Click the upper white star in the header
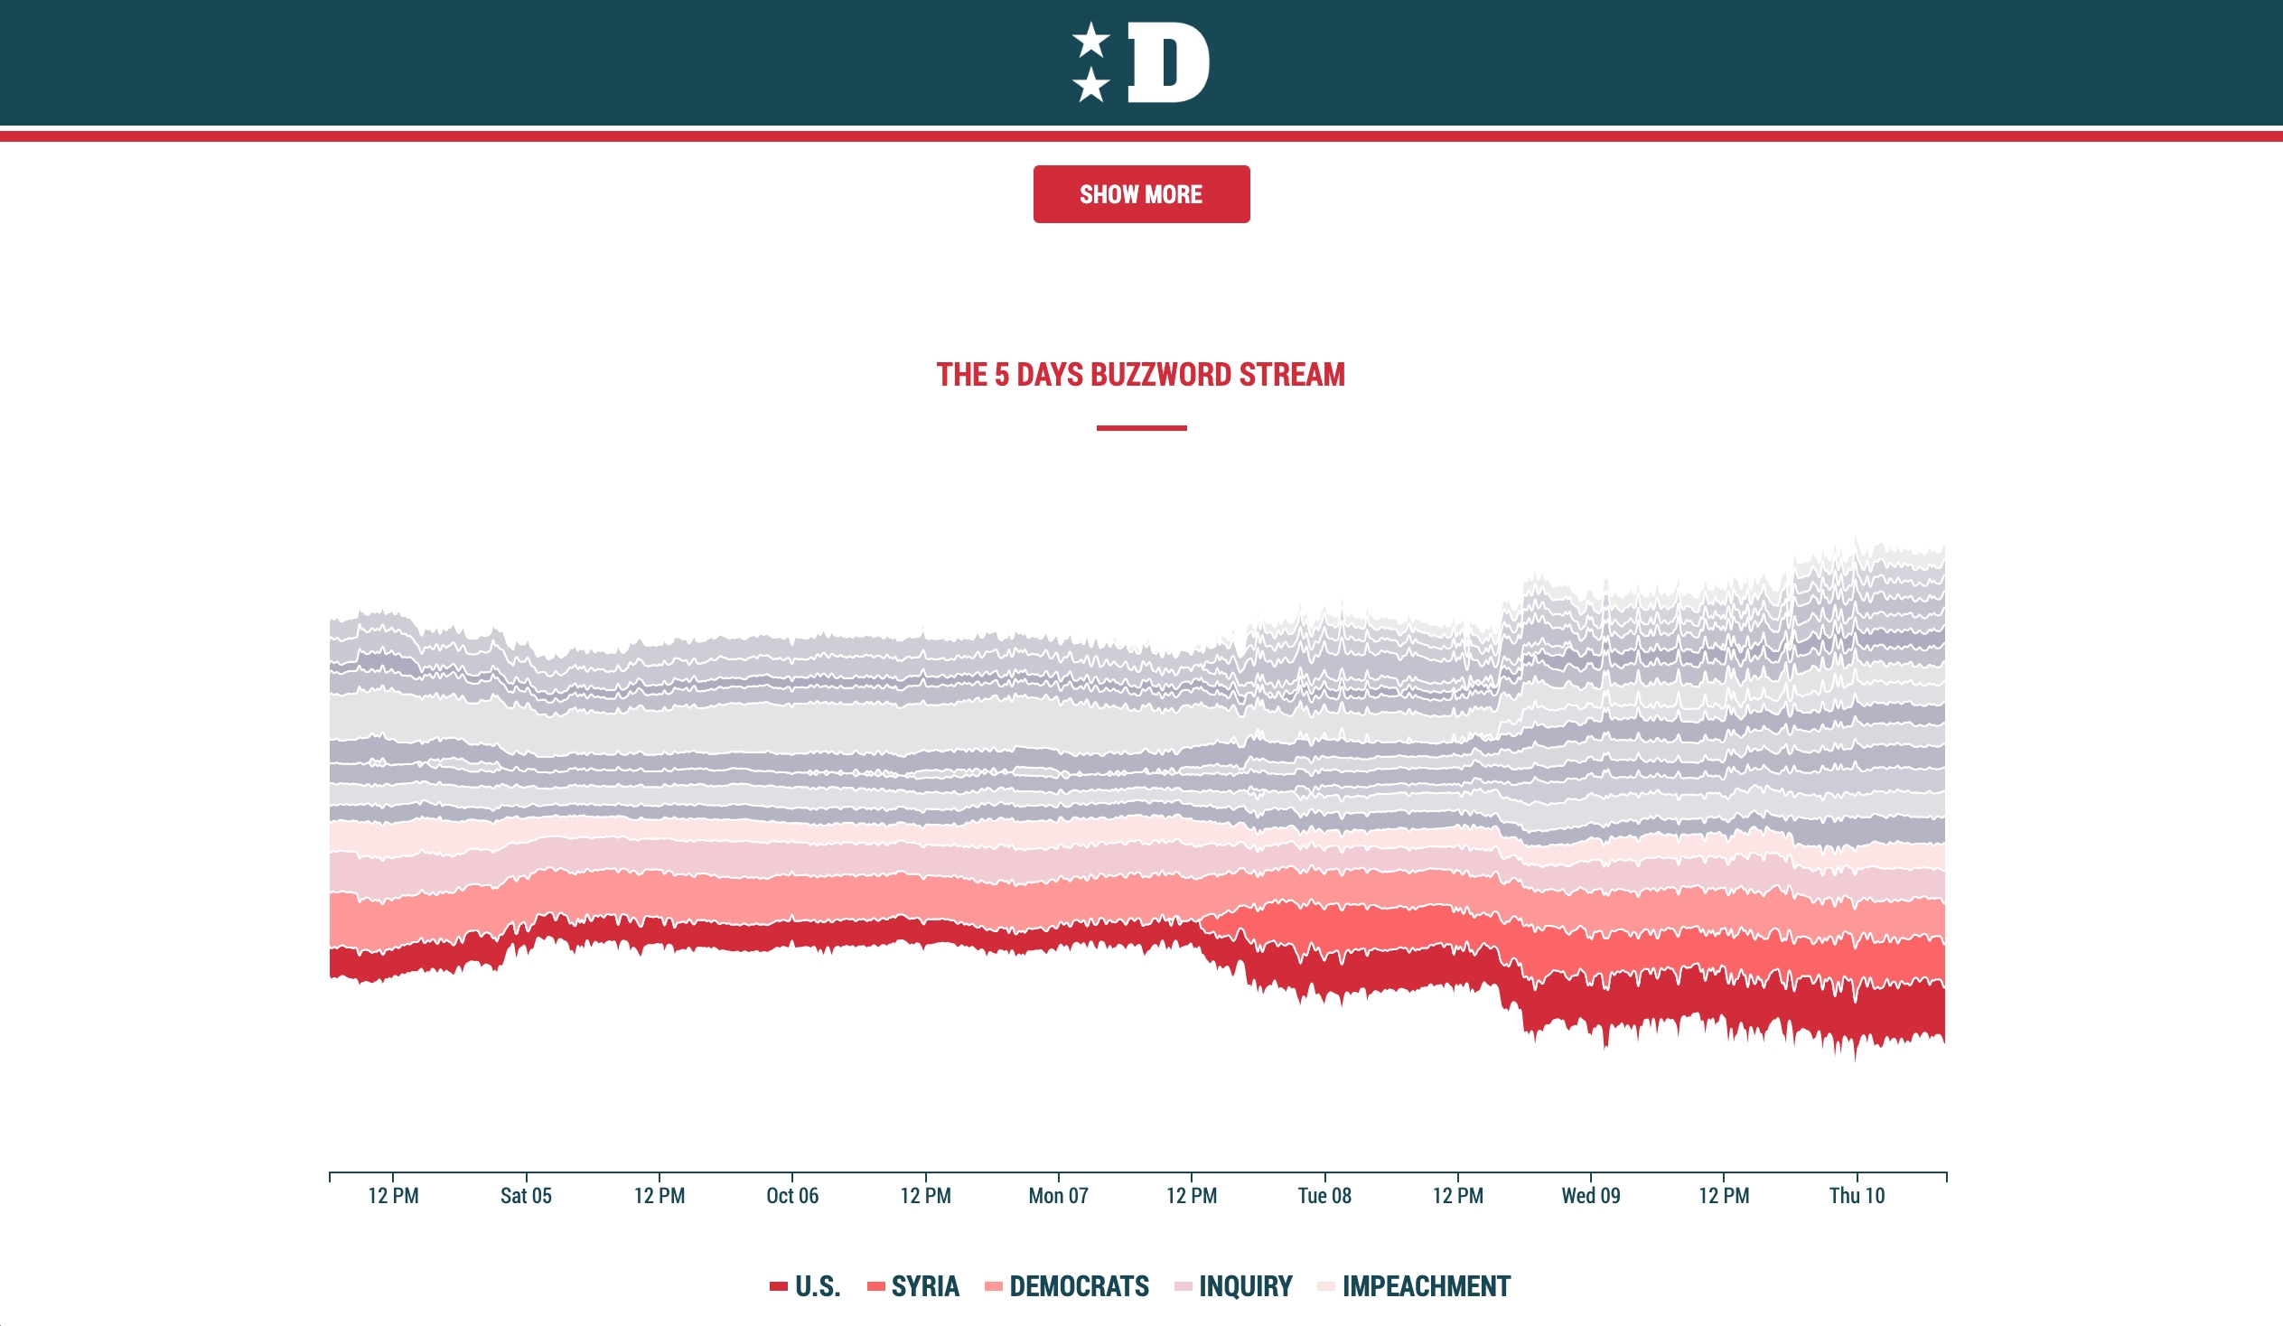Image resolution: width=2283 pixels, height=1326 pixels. tap(1090, 40)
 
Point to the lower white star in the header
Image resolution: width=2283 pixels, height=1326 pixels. tap(1090, 85)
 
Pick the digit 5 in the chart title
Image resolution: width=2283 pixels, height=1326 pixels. tap(1001, 375)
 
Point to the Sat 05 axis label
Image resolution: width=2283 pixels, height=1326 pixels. tap(526, 1196)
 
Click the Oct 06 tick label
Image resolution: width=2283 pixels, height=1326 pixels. tap(791, 1196)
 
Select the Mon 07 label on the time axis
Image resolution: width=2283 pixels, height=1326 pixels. tap(1058, 1196)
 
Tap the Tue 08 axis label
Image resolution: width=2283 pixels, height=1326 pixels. tap(1324, 1196)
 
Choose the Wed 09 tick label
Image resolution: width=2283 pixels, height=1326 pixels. tap(1591, 1196)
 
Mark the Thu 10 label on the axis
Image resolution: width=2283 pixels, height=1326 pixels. tap(1857, 1196)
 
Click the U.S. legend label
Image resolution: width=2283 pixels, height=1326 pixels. tap(818, 1286)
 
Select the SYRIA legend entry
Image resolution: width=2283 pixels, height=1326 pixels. tap(925, 1286)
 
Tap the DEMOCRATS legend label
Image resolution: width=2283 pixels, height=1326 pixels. tap(1079, 1286)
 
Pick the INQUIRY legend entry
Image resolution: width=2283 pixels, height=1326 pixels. tap(1246, 1286)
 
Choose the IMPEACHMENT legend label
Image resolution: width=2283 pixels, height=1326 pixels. tap(1426, 1286)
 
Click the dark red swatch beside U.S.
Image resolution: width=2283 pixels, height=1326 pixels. tap(778, 1286)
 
